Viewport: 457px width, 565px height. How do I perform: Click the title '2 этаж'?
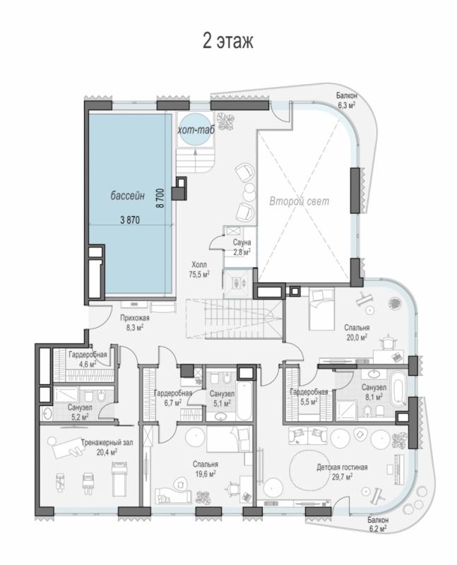[228, 41]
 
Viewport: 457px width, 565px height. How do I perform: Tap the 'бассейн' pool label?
[128, 196]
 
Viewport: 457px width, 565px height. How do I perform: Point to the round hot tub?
[194, 129]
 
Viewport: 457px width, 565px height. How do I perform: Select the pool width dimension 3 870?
[130, 220]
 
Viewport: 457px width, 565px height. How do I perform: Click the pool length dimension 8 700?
[160, 198]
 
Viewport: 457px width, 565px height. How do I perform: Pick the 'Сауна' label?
[242, 242]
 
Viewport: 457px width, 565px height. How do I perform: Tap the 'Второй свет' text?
[299, 201]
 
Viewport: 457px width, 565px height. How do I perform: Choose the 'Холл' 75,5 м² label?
[199, 268]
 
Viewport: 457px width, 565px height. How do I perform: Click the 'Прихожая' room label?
[134, 319]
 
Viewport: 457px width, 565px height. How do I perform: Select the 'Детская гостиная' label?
[342, 468]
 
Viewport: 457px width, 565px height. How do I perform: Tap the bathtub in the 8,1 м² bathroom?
[398, 392]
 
